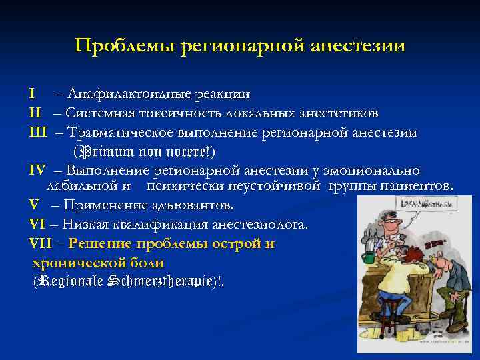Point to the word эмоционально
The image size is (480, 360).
pyautogui.click(x=378, y=171)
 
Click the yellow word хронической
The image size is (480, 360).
pyautogui.click(x=74, y=262)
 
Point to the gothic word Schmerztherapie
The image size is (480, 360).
pyautogui.click(x=164, y=281)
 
